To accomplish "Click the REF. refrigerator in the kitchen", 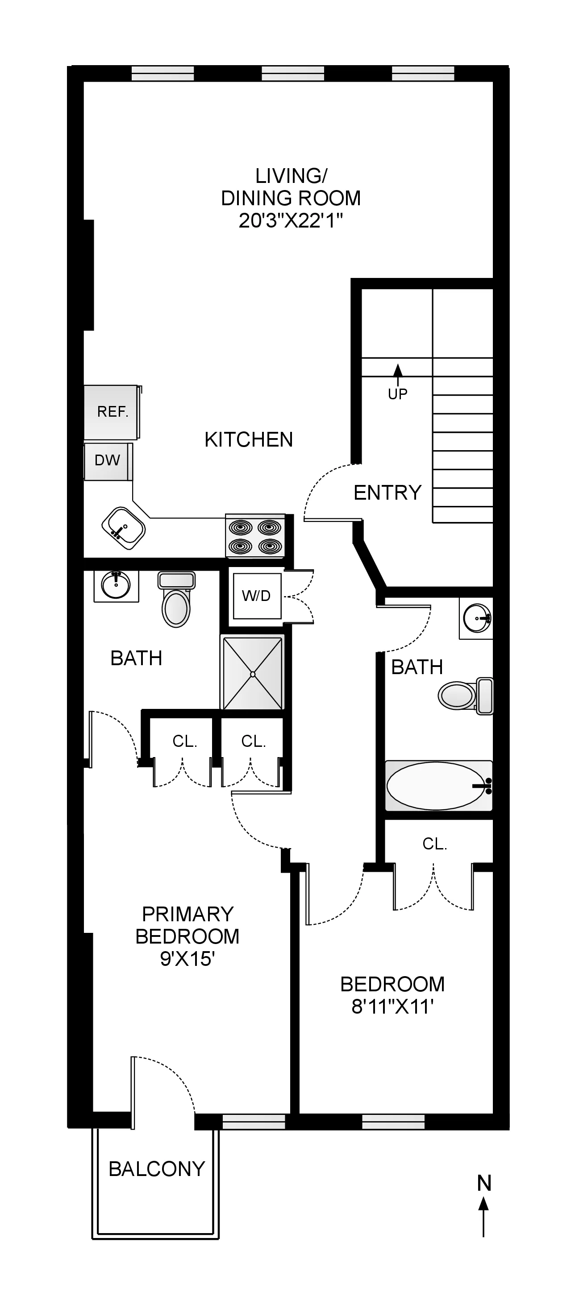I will (x=112, y=412).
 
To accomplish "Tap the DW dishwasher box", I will (x=108, y=460).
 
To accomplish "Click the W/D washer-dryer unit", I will (x=256, y=596).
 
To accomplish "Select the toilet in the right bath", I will (x=465, y=695).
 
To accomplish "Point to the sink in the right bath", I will (x=476, y=618).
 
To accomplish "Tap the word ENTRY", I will (x=387, y=493).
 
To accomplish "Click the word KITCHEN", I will (x=248, y=439).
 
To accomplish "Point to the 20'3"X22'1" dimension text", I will (x=291, y=221).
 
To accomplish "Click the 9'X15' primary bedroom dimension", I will (x=187, y=959).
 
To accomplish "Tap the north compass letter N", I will (x=483, y=1183).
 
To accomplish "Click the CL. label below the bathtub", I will (x=434, y=844).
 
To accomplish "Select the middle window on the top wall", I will (x=293, y=74).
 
